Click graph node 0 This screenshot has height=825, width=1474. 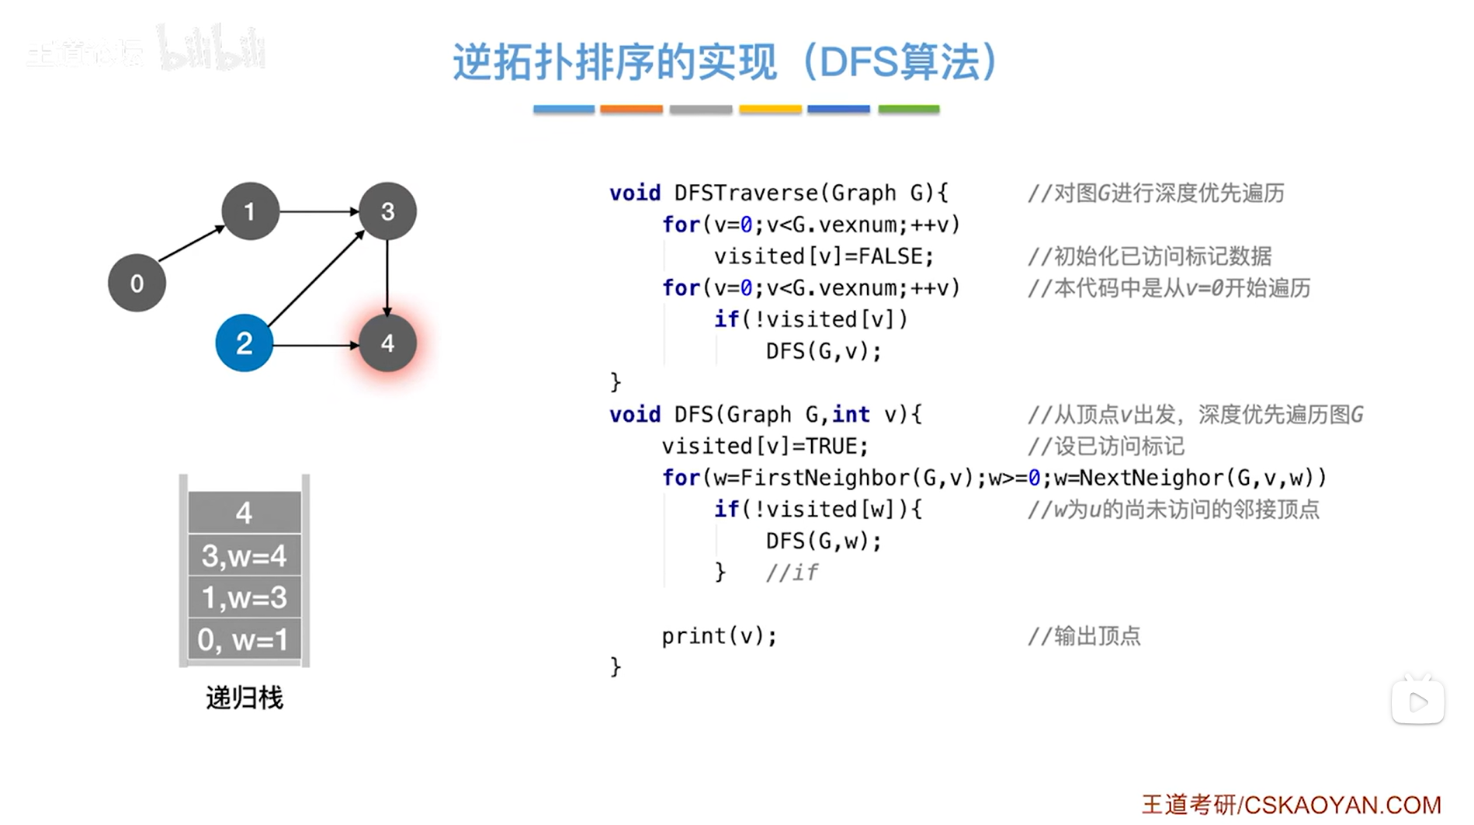click(137, 284)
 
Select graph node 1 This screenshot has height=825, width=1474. click(250, 211)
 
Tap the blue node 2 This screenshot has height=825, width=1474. click(244, 343)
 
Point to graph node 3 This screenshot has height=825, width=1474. click(387, 211)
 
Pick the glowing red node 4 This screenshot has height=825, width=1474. click(387, 343)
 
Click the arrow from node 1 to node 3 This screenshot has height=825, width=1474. click(318, 211)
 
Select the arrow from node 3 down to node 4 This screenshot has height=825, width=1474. click(387, 276)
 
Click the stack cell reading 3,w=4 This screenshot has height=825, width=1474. click(245, 555)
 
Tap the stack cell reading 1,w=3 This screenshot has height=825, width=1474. click(245, 597)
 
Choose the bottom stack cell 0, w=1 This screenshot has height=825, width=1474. click(245, 639)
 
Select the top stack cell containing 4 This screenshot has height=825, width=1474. click(245, 513)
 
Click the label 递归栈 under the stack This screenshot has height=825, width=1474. click(245, 698)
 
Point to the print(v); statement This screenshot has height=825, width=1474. click(719, 636)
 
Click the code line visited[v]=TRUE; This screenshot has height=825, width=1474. click(765, 446)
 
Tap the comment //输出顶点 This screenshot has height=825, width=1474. click(1084, 636)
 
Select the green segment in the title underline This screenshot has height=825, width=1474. click(908, 110)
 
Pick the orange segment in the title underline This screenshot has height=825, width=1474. click(631, 110)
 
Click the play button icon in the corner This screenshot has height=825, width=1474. click(1418, 702)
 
